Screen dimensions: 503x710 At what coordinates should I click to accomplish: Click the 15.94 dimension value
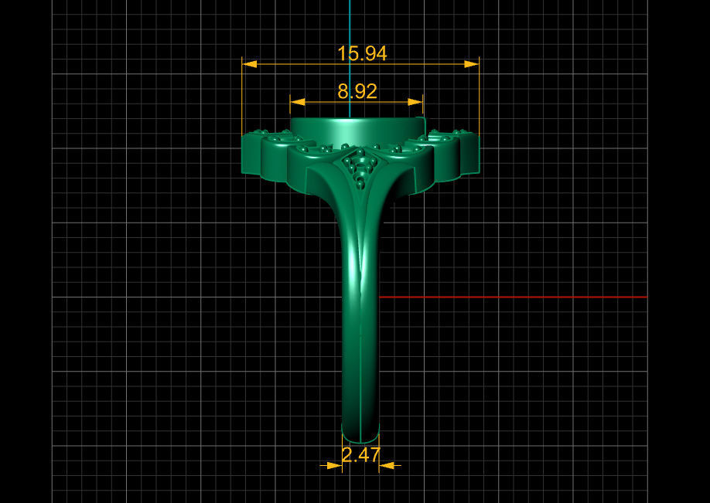pos(361,53)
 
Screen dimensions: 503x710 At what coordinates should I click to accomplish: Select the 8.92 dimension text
pos(357,91)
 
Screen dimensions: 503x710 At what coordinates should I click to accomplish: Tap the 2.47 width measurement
pos(360,455)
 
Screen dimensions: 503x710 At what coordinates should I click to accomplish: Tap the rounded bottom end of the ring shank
pos(360,434)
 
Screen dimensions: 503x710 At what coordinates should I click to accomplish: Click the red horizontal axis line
pos(510,297)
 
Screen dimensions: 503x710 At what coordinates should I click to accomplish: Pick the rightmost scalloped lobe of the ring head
pos(469,153)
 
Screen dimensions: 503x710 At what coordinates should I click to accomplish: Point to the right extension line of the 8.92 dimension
pos(423,108)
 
